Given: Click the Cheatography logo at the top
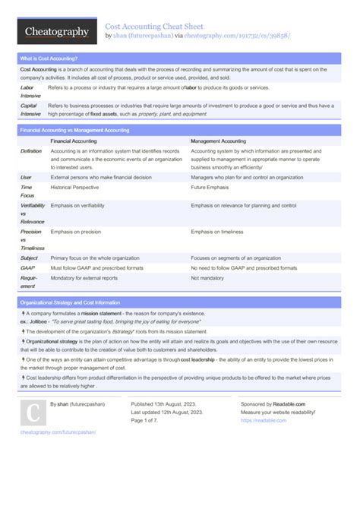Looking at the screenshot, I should point(54,32).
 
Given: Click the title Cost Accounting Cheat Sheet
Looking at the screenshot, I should point(154,25).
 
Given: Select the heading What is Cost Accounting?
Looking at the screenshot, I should point(49,58).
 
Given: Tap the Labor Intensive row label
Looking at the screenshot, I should point(31,92).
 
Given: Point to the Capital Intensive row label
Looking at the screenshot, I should point(31,109).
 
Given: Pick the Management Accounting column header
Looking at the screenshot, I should point(218,141).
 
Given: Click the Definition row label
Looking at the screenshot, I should point(31,151).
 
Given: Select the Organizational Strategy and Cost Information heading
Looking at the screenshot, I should point(70,302).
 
